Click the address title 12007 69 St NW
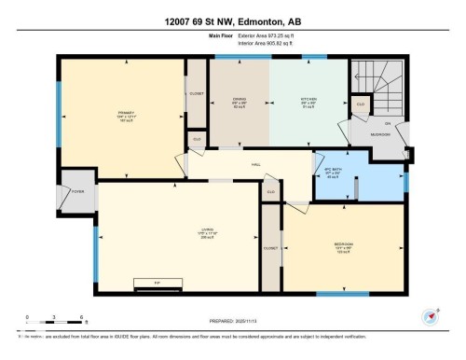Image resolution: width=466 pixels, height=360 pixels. [232, 21]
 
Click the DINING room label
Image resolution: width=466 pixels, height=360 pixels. [239, 101]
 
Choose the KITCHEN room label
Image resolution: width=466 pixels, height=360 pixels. [308, 101]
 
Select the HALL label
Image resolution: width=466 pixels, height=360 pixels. [254, 164]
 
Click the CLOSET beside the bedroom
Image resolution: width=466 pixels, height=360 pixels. [271, 248]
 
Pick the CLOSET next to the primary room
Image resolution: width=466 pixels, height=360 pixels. [197, 93]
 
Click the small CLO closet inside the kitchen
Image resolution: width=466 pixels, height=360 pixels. [360, 104]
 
